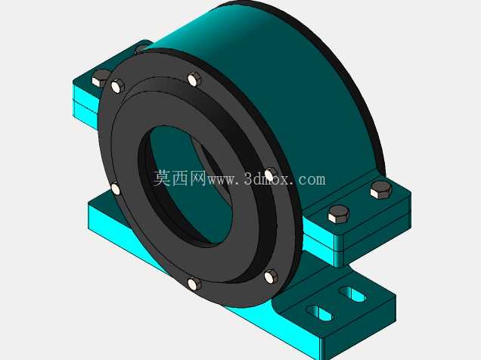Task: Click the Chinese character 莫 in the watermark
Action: [x=163, y=178]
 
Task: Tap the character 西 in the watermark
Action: [x=180, y=178]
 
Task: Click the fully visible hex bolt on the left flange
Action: [x=100, y=77]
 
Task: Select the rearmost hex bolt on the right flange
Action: [x=380, y=190]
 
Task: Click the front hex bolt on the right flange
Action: [x=338, y=214]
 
